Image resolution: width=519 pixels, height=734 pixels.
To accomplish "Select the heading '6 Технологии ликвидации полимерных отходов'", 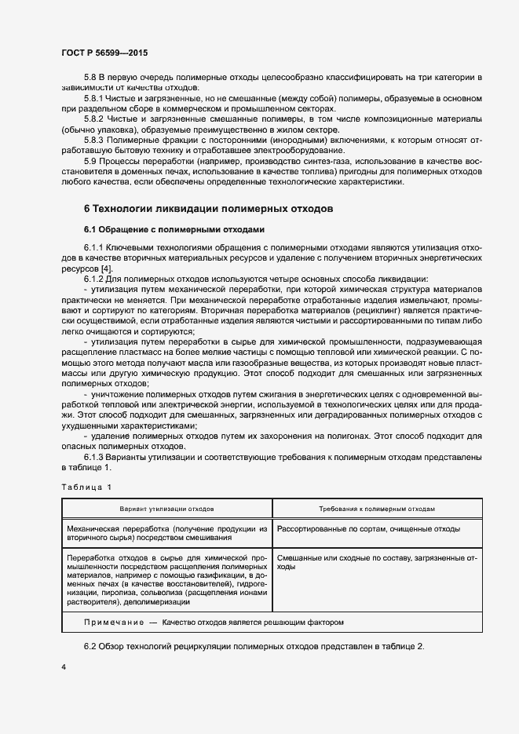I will [209, 210].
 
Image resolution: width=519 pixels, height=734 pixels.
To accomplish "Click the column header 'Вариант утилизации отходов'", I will [167, 509].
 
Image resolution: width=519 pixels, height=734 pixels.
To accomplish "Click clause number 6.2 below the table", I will [91, 645].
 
